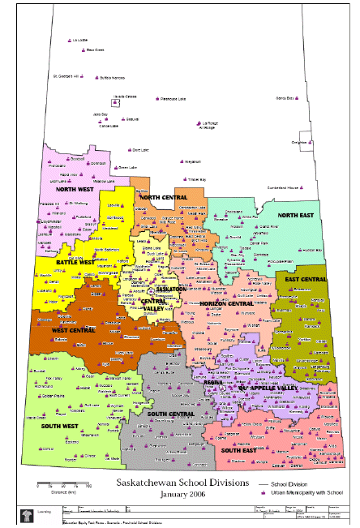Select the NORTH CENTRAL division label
click(x=165, y=197)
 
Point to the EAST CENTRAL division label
click(x=306, y=279)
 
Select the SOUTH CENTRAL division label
click(x=170, y=414)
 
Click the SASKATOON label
click(x=170, y=290)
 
